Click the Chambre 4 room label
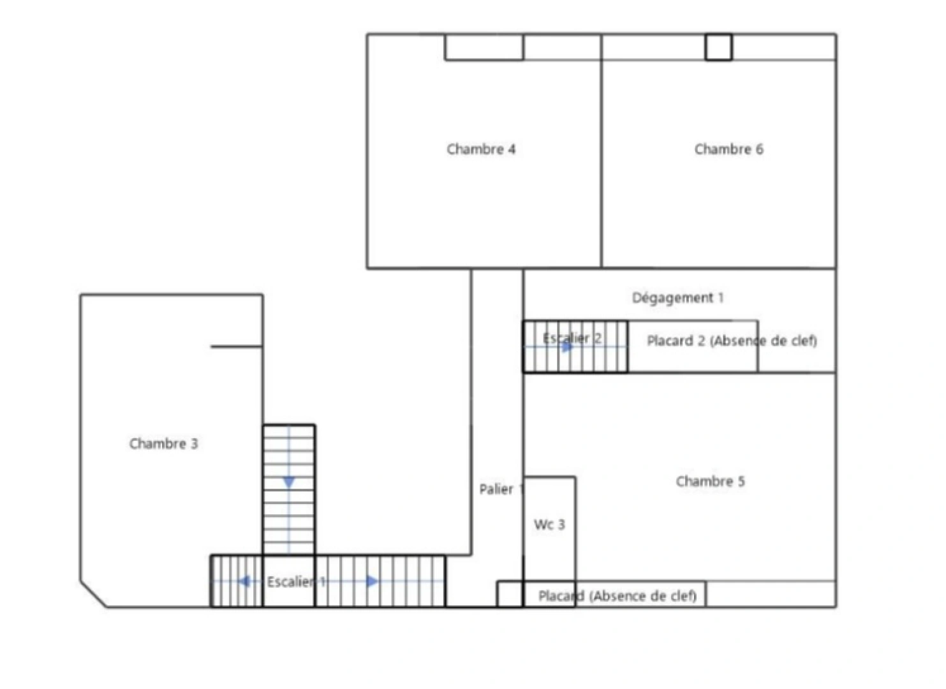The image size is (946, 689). (x=481, y=149)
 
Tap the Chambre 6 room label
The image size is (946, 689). (x=728, y=149)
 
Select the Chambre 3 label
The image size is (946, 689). (x=163, y=444)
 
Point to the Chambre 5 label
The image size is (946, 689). (x=710, y=482)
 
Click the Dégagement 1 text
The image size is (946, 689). (x=677, y=298)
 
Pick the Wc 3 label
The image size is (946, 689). (x=549, y=525)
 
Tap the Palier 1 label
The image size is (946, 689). (x=501, y=489)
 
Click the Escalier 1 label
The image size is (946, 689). (x=296, y=582)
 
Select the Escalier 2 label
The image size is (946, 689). (x=572, y=338)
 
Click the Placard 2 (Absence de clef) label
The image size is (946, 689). (x=732, y=341)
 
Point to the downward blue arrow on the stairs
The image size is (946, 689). (x=289, y=482)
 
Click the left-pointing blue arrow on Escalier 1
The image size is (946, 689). (x=244, y=582)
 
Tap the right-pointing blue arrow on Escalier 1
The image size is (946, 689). (x=372, y=582)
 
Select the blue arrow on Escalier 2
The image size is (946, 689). (x=567, y=347)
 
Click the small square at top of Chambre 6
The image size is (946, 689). (x=718, y=47)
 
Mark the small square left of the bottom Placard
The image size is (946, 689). (x=510, y=594)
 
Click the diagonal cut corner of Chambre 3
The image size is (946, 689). (x=93, y=595)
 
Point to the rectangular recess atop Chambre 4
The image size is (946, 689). (x=484, y=47)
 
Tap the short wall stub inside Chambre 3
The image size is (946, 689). (x=237, y=347)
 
